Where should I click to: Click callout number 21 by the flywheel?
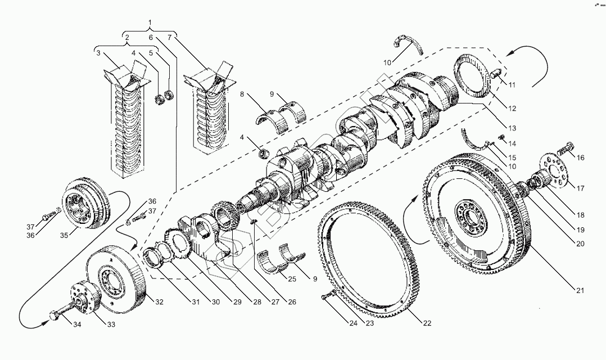click(580, 291)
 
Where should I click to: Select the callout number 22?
click(427, 323)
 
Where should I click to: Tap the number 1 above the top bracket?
click(150, 22)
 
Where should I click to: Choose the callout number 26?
click(291, 302)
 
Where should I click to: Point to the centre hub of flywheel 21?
click(470, 214)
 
